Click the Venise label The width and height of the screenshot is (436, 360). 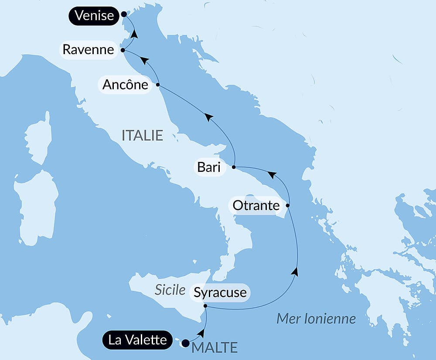94,16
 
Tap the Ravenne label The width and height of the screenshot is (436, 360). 89,49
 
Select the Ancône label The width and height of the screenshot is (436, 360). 125,85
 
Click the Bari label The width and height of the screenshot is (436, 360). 209,167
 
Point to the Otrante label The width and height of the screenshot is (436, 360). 256,205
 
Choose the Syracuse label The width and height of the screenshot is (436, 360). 220,292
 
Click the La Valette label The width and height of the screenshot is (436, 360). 138,340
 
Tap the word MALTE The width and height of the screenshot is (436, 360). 215,348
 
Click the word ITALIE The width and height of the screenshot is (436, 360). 142,135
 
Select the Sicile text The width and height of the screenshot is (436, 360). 170,290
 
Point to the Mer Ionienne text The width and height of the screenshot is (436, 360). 316,319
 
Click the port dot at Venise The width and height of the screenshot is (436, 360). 124,14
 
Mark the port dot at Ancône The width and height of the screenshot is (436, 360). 158,84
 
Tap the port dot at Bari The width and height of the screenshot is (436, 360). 234,167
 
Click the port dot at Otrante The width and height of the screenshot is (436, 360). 287,205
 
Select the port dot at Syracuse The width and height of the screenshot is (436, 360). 205,307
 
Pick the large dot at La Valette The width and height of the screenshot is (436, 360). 185,343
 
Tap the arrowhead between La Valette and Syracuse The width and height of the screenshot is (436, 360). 201,333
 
